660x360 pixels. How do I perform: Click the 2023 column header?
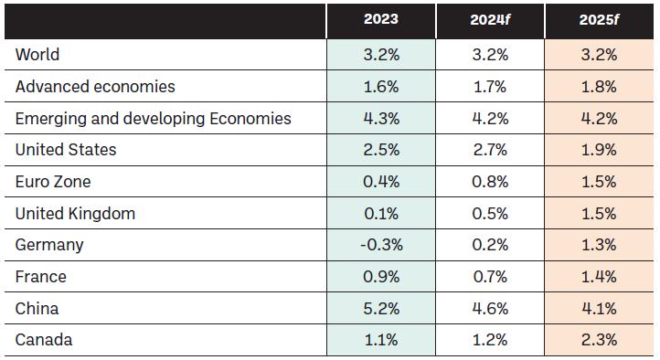click(x=381, y=19)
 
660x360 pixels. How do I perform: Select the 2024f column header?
click(x=490, y=20)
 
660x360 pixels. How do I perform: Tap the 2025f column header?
click(x=599, y=20)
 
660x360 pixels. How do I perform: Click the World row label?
click(x=37, y=55)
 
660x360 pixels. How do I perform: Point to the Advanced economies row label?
click(x=95, y=87)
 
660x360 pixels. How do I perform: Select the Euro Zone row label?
click(x=53, y=182)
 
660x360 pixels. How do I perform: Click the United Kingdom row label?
click(x=75, y=214)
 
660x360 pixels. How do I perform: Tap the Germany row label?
click(x=49, y=245)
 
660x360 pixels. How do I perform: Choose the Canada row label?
click(x=44, y=340)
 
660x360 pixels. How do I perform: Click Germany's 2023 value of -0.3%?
click(x=381, y=245)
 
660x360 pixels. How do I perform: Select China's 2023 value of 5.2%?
click(x=381, y=309)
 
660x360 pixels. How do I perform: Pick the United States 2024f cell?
click(x=490, y=150)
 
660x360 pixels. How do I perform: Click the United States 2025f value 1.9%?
click(x=599, y=150)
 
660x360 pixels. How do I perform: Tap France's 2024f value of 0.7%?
click(x=490, y=277)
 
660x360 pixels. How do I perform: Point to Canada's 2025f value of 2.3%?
click(x=599, y=340)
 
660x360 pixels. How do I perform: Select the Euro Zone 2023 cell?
click(x=381, y=182)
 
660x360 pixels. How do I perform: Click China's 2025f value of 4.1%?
click(x=599, y=309)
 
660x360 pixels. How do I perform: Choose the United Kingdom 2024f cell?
click(x=490, y=214)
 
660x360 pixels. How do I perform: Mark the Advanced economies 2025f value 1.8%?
click(x=599, y=87)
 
